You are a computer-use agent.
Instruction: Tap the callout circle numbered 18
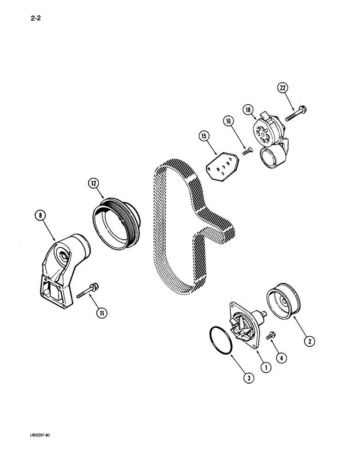[x=248, y=109]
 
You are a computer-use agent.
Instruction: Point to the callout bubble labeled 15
[x=204, y=136]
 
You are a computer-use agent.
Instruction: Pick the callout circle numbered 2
[x=309, y=341]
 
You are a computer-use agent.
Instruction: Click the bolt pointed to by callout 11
[x=87, y=292]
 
